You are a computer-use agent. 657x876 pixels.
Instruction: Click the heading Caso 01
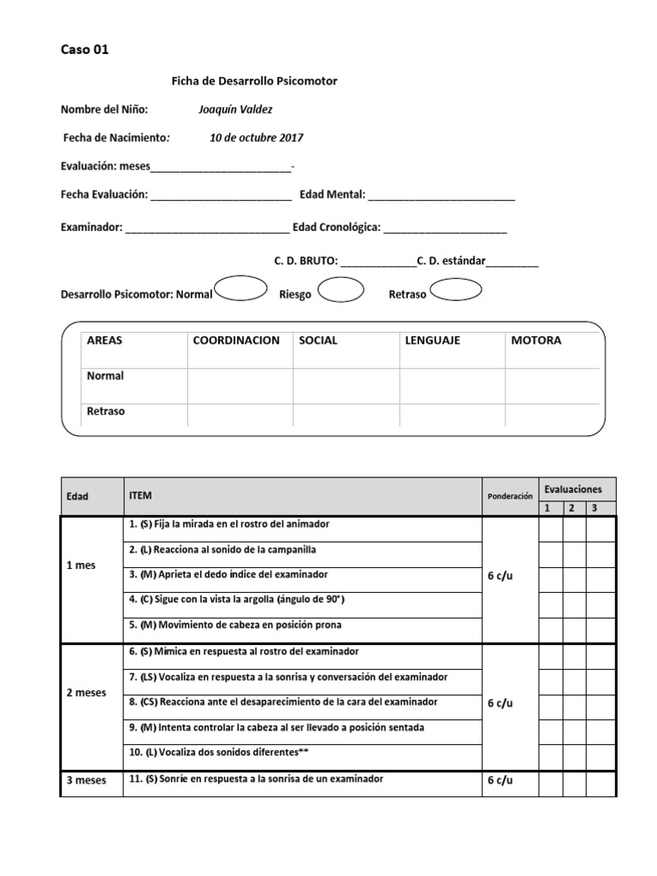click(x=85, y=50)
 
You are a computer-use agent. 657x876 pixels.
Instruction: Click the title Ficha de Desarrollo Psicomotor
click(x=254, y=81)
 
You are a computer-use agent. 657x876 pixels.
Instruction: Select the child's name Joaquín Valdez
click(x=235, y=109)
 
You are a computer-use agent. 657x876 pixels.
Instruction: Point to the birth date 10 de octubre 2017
click(x=256, y=138)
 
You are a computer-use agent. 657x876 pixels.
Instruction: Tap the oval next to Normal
click(x=240, y=289)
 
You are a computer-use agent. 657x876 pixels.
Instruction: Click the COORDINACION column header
click(x=236, y=340)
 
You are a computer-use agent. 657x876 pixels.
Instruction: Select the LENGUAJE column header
click(x=432, y=340)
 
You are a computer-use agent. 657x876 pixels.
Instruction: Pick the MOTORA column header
click(x=536, y=340)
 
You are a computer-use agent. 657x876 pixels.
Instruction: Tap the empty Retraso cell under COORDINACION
click(x=240, y=414)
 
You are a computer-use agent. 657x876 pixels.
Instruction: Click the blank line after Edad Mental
click(x=441, y=196)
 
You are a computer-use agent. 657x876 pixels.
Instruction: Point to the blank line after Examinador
click(x=207, y=229)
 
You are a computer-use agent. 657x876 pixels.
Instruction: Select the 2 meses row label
click(x=86, y=693)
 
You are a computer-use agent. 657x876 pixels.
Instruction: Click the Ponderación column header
click(x=510, y=496)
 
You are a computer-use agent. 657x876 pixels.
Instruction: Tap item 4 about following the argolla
click(x=236, y=600)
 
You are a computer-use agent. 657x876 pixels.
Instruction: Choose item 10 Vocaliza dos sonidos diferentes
click(x=219, y=753)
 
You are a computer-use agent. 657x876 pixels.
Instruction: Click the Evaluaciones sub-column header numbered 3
click(x=594, y=508)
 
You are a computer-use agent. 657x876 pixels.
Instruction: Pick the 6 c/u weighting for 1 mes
click(x=500, y=576)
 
